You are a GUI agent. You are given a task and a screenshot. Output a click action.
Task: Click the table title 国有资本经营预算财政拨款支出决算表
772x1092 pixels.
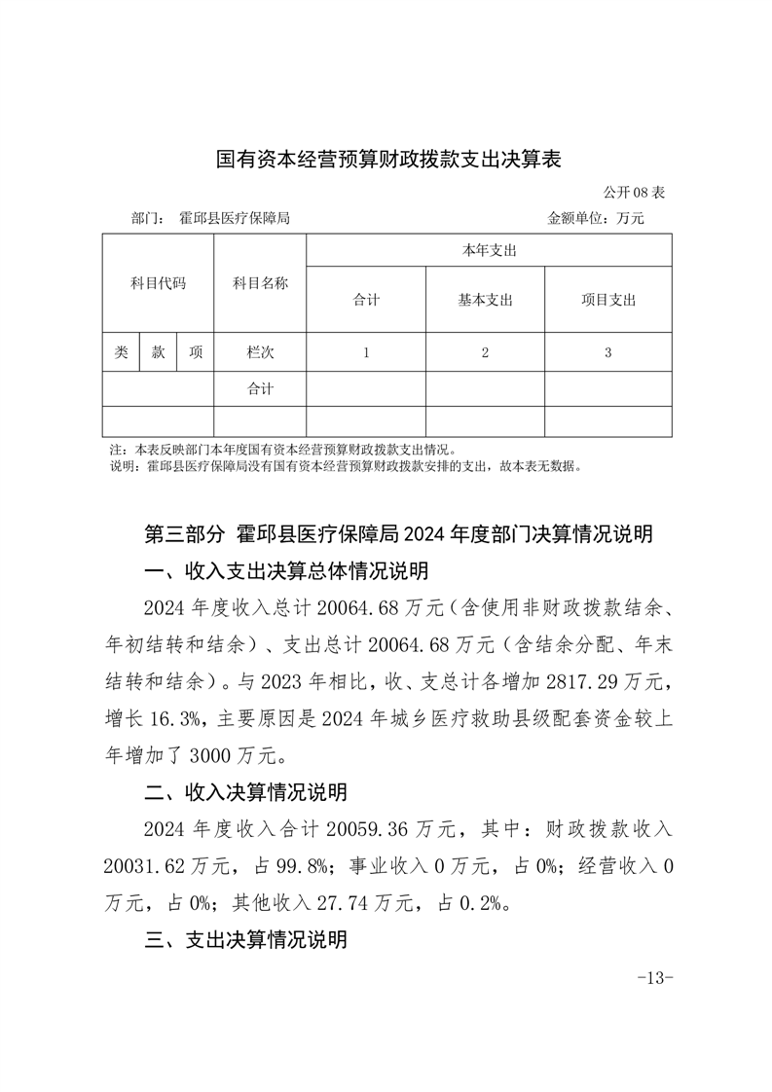(388, 159)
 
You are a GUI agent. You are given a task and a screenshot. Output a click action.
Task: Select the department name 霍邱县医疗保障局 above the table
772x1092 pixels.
(235, 218)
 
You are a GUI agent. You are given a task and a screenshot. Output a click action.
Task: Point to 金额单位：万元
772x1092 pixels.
(596, 218)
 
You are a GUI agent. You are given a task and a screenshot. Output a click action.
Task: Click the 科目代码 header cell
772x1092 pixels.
(158, 284)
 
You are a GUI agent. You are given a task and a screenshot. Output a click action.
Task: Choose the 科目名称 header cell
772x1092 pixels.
(260, 284)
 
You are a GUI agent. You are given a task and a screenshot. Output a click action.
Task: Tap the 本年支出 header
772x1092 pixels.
(489, 251)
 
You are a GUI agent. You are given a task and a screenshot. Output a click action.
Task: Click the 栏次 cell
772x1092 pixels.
(260, 352)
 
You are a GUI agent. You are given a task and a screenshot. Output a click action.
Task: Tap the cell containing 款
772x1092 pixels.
(158, 352)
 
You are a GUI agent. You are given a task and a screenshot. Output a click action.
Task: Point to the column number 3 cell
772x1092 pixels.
(607, 352)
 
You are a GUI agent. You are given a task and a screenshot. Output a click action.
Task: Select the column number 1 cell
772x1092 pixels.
(366, 352)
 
